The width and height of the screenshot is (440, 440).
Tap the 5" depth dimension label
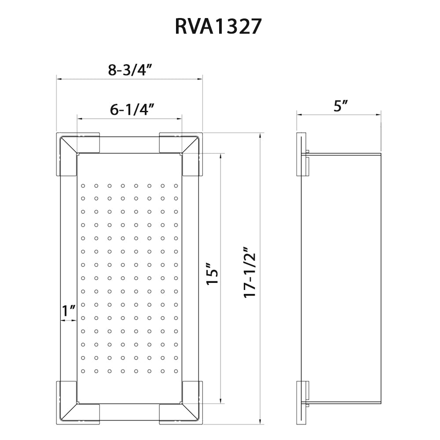340,106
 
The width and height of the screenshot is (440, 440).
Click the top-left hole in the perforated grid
82,186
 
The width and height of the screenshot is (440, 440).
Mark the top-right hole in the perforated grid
176,186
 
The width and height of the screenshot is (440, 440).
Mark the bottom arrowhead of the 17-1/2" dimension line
262,423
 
